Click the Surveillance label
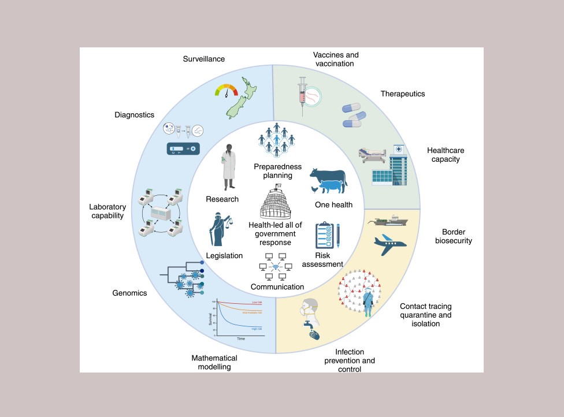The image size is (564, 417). pos(204,59)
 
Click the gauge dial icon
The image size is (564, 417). pos(225,91)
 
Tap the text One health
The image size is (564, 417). pos(333,205)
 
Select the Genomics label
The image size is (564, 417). pos(129,293)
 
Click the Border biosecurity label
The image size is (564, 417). pos(453,236)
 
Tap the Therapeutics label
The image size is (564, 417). pos(403,94)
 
